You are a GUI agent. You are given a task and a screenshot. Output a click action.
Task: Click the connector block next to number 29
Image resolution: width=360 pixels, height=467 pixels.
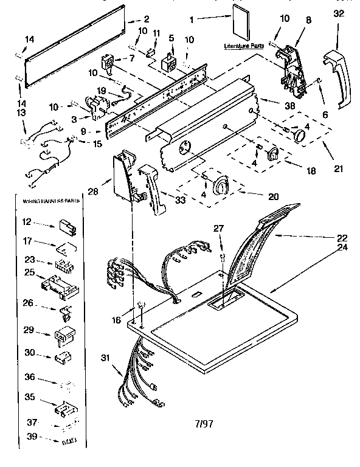coord(64,334)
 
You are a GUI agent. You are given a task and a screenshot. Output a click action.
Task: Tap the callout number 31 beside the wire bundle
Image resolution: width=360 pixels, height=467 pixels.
coord(105,358)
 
